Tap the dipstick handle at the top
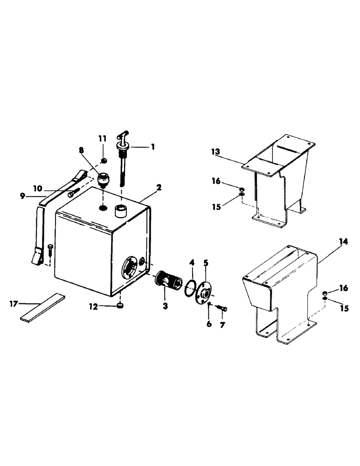[x=122, y=136]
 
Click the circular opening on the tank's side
[x=130, y=269]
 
